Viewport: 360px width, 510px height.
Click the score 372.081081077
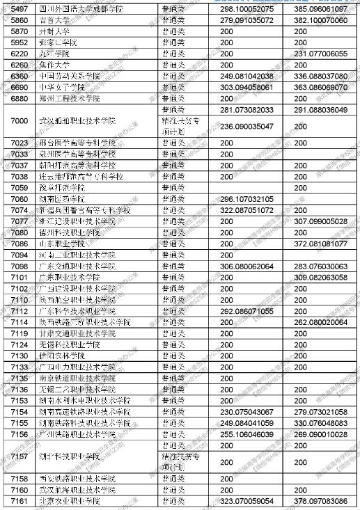(311, 244)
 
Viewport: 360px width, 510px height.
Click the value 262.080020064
(311, 322)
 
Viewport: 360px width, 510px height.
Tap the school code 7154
(19, 412)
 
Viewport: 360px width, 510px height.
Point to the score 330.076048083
(311, 423)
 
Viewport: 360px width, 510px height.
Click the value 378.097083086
(311, 501)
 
